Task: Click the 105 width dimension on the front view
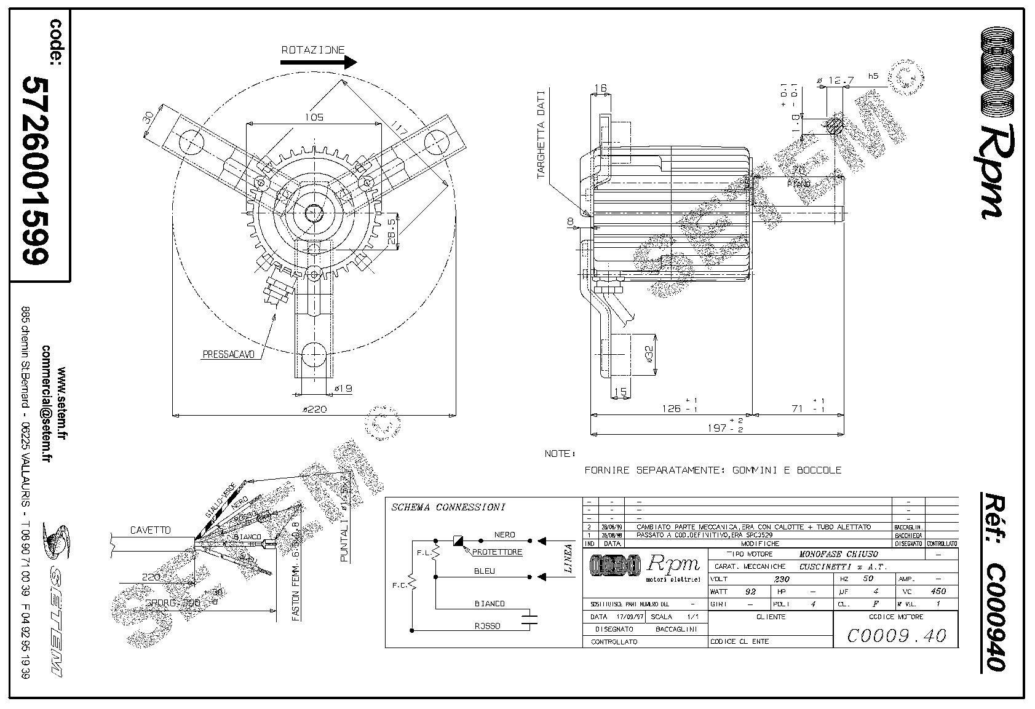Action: coord(313,117)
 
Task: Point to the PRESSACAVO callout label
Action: coord(228,354)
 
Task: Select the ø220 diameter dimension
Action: coord(314,409)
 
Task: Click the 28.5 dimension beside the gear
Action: coord(392,229)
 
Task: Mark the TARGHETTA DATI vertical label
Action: coord(541,135)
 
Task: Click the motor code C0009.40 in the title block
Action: coord(895,635)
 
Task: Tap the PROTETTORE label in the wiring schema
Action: coord(497,552)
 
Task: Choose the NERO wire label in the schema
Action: coord(504,534)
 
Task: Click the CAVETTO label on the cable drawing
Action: coord(150,530)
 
